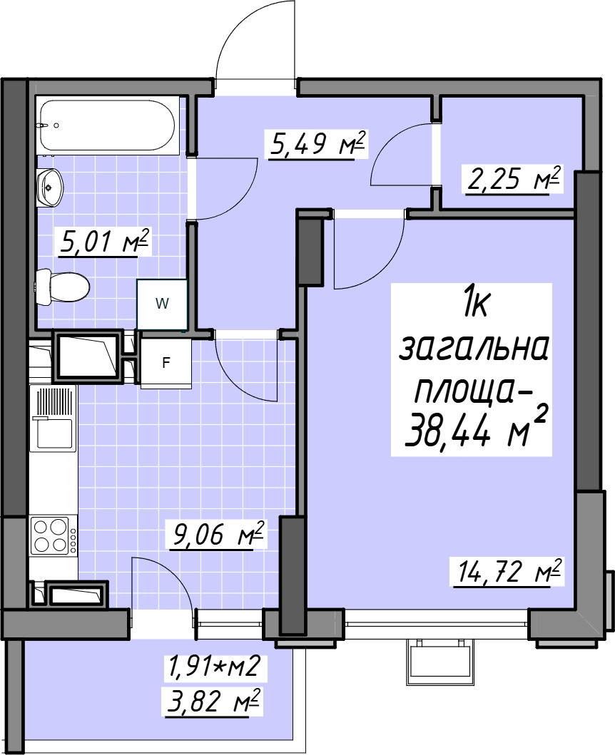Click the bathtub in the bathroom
pos(108,126)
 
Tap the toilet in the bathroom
pos(63,287)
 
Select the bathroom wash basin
pos(50,187)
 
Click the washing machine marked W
pos(162,304)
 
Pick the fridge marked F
pos(166,362)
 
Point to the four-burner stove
pos(53,535)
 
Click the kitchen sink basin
pos(53,434)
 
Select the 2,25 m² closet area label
pos(514,179)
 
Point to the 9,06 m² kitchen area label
pos(217,534)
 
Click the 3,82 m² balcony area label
pos(213,702)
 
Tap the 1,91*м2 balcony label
pos(215,667)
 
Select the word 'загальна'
pos(474,347)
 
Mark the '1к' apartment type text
pos(476,303)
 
